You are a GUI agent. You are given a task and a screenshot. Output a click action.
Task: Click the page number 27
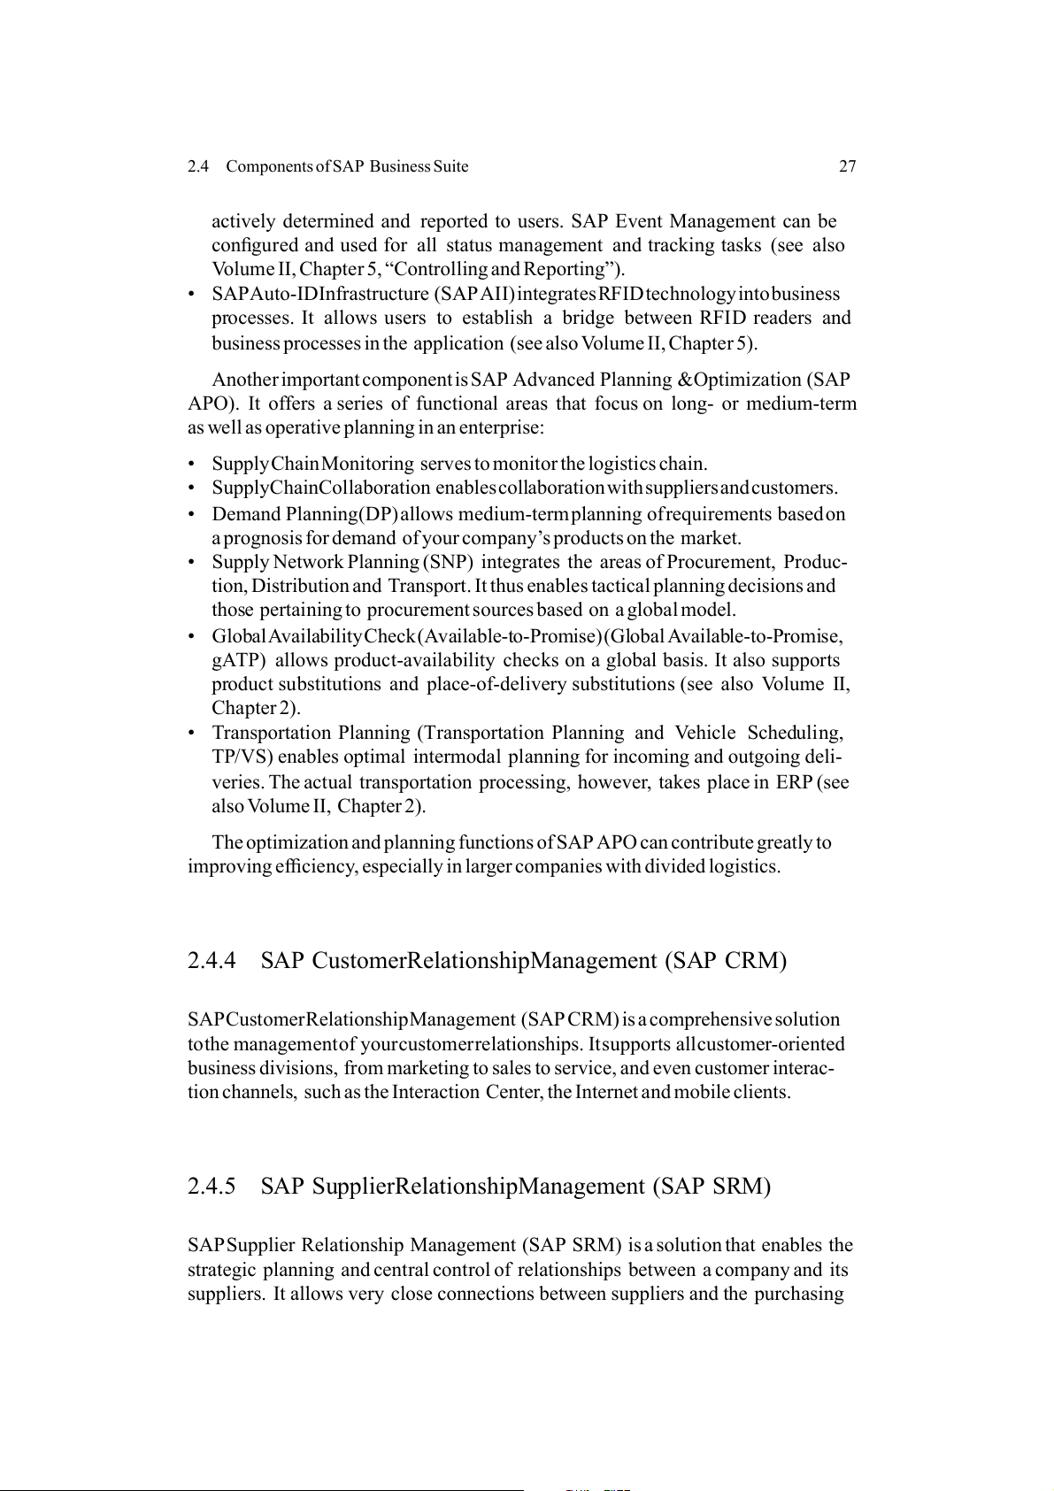pyautogui.click(x=847, y=166)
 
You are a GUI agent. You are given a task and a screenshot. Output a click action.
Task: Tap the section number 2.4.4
pyautogui.click(x=212, y=961)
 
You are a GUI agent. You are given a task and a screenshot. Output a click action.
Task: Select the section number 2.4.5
pyautogui.click(x=212, y=1187)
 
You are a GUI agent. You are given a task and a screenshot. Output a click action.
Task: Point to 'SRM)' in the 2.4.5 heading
pyautogui.click(x=742, y=1187)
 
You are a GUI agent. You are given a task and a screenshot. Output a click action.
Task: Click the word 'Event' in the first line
pyautogui.click(x=639, y=221)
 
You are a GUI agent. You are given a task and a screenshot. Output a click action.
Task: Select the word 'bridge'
pyautogui.click(x=588, y=318)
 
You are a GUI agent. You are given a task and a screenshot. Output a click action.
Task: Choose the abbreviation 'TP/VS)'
pyautogui.click(x=243, y=757)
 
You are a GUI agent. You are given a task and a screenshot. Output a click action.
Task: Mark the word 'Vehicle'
pyautogui.click(x=704, y=733)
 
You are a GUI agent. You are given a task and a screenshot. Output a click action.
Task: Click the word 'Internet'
pyautogui.click(x=606, y=1092)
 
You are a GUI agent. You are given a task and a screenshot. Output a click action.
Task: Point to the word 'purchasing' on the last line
pyautogui.click(x=798, y=1294)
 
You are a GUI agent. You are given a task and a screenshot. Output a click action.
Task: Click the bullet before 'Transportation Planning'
pyautogui.click(x=192, y=734)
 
